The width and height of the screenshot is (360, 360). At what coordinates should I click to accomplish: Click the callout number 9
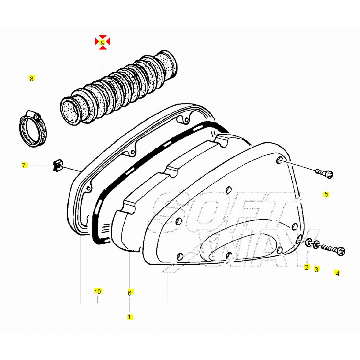tap(103, 43)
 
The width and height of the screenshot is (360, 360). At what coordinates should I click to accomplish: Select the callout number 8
tap(31, 79)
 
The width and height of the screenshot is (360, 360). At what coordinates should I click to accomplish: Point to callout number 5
tap(326, 194)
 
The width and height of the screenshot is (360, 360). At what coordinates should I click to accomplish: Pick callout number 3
tap(316, 269)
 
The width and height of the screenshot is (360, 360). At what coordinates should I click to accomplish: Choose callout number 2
tap(307, 267)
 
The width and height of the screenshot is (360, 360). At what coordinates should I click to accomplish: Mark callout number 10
tap(98, 291)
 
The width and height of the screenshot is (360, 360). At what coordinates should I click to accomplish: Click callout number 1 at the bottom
tap(130, 317)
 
